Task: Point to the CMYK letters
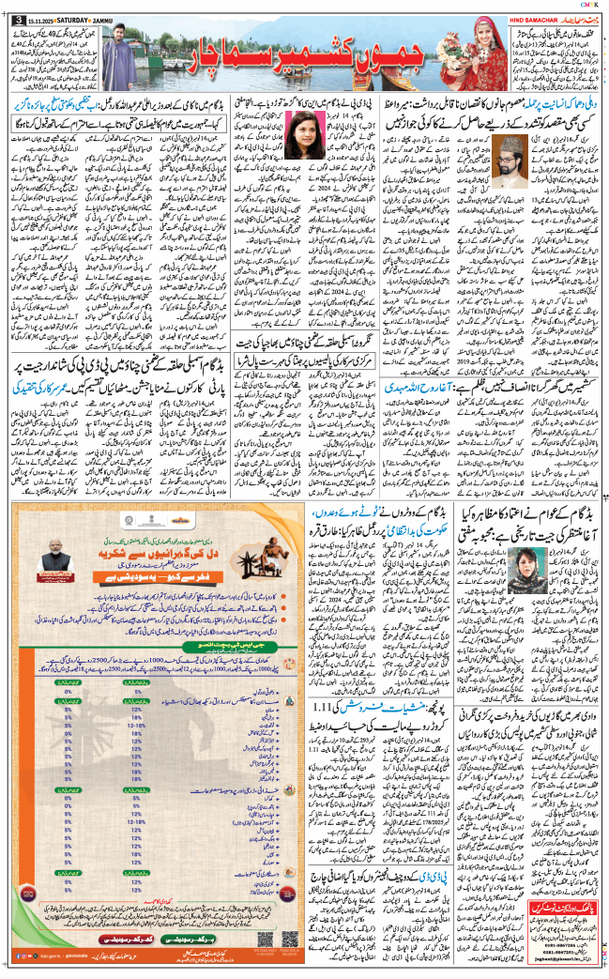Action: [587, 4]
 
